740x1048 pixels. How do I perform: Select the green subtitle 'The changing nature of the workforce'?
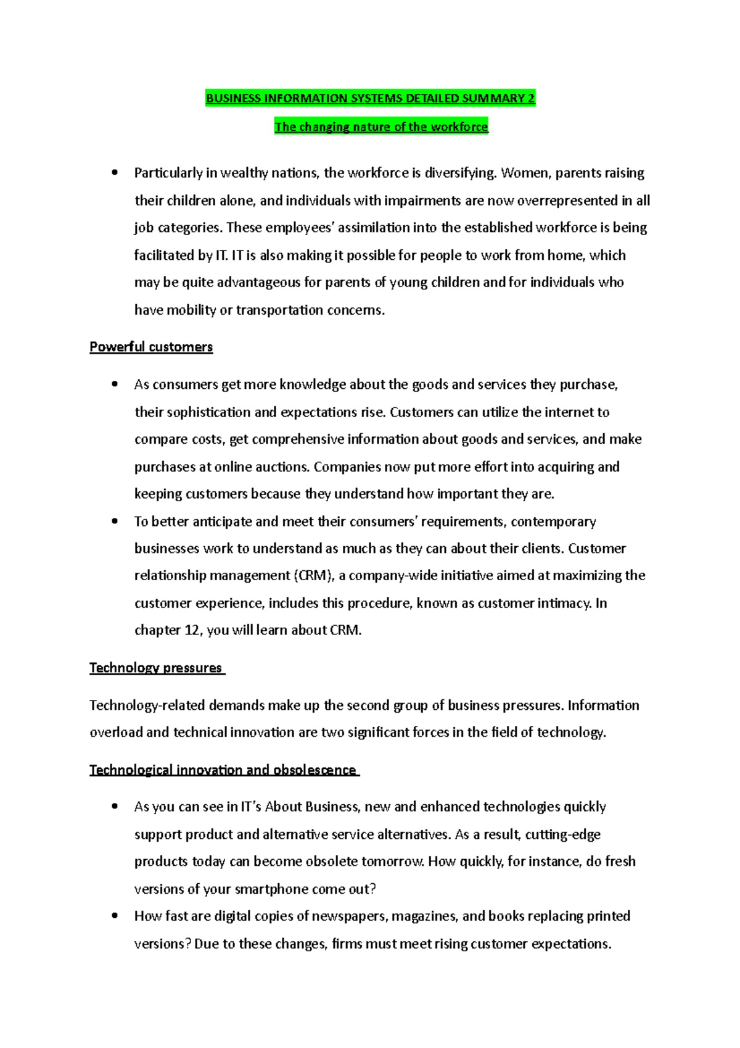pyautogui.click(x=381, y=127)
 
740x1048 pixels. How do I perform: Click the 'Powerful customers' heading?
pyautogui.click(x=151, y=347)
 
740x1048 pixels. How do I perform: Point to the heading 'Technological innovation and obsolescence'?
pyautogui.click(x=223, y=770)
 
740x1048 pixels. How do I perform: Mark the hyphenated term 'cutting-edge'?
pyautogui.click(x=562, y=834)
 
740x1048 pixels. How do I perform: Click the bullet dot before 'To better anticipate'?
pyautogui.click(x=115, y=522)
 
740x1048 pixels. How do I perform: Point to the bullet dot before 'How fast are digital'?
pyautogui.click(x=115, y=916)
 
